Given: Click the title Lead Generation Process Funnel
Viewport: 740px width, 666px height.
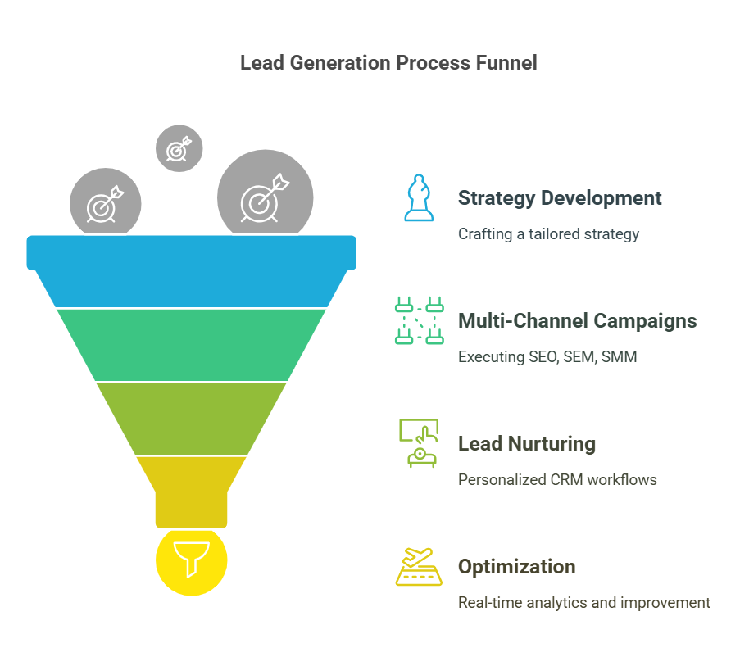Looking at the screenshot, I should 388,63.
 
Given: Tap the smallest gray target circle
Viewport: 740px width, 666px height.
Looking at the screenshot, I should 179,148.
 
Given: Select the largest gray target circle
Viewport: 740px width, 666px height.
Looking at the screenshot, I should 265,197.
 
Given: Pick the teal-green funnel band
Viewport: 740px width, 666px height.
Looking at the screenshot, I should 191,344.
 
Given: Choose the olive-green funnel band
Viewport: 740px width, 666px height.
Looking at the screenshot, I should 191,418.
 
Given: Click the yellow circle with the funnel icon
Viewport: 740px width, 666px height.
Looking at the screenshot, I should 191,561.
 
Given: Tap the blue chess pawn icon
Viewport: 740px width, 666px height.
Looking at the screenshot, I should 419,197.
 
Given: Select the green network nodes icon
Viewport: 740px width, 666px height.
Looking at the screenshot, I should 419,320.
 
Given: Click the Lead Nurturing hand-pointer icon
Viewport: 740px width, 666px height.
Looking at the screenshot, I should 419,443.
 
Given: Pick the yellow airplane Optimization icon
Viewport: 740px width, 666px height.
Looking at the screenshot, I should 419,566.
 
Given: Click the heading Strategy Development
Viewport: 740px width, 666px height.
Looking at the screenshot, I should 560,198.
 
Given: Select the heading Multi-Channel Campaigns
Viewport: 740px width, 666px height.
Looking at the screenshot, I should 577,321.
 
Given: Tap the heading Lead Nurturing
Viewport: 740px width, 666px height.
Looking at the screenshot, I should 526,444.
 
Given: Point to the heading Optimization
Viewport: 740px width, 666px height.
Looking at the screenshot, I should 516,567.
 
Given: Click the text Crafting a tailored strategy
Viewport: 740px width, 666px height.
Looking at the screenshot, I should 548,234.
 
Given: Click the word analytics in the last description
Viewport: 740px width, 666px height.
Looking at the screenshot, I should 557,603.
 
